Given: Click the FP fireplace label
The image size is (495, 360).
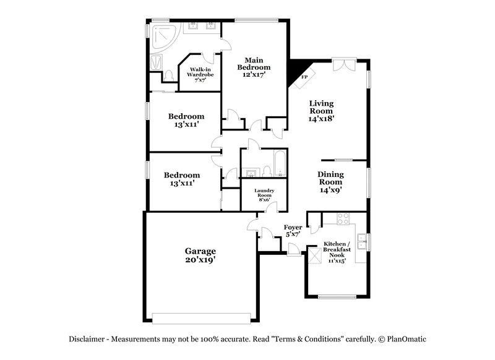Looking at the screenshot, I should pos(304,77).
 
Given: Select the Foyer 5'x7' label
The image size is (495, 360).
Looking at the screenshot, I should pos(293,231).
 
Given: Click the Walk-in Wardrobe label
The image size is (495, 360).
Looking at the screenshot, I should pos(201,75).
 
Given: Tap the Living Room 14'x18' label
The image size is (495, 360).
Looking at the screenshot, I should pos(322,111).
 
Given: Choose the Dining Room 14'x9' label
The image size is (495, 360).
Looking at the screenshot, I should pos(330,182).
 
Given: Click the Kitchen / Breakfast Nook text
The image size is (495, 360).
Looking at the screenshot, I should pos(337,252).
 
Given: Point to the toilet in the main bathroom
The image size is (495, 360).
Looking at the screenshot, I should pos(169,75).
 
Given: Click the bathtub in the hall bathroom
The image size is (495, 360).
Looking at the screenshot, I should pos(278,161).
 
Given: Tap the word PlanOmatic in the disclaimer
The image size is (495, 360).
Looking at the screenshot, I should pos(407,339).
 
